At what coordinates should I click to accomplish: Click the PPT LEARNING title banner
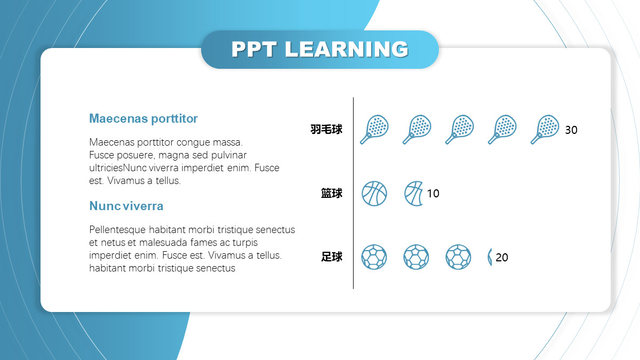(x=319, y=50)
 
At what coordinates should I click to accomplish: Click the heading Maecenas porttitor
(x=143, y=118)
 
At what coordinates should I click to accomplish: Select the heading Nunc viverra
(x=126, y=206)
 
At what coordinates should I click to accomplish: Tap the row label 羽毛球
(x=326, y=130)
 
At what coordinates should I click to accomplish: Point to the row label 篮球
(x=331, y=194)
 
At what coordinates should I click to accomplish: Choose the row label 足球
(x=331, y=257)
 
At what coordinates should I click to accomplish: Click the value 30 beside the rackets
(x=571, y=130)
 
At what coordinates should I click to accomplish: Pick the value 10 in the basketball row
(x=433, y=194)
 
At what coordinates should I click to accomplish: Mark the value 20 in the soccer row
(x=502, y=258)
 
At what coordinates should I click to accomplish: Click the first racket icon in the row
(x=374, y=130)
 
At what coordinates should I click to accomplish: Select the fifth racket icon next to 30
(x=545, y=130)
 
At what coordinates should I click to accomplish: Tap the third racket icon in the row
(x=459, y=130)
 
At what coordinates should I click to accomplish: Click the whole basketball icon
(x=374, y=194)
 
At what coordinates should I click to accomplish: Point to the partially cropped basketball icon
(x=413, y=194)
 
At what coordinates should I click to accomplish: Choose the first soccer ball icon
(x=374, y=257)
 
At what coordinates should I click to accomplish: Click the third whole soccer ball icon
(x=458, y=257)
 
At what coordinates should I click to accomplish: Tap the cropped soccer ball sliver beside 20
(x=490, y=257)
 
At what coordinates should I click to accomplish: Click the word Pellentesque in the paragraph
(x=117, y=230)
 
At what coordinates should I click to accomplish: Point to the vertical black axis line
(x=354, y=193)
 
